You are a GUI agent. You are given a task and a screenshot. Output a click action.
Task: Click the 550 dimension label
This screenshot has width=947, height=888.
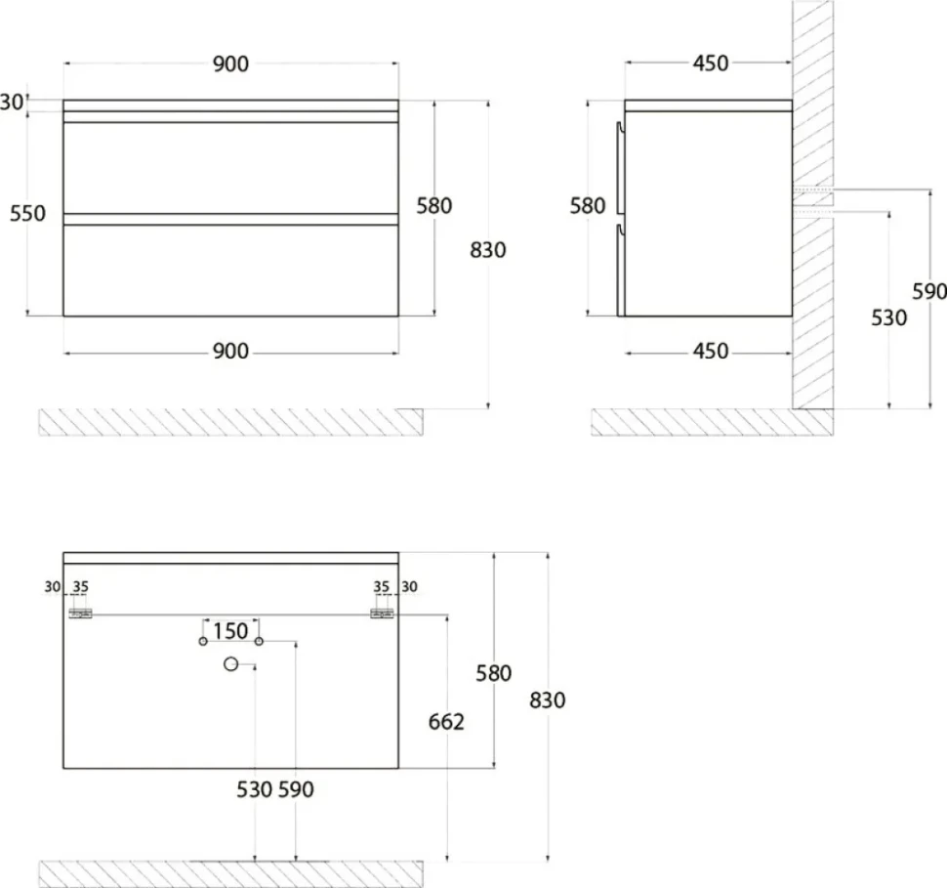[27, 213]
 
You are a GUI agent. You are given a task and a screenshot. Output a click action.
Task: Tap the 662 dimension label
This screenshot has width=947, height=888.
[446, 722]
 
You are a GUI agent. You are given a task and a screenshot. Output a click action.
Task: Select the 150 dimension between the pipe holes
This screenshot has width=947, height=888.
[230, 631]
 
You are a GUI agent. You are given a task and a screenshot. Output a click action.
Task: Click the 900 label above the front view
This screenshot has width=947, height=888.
[230, 63]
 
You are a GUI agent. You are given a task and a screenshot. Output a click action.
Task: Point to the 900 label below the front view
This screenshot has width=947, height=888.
[230, 352]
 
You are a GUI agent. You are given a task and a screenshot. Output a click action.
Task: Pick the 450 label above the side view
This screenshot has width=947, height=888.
[711, 63]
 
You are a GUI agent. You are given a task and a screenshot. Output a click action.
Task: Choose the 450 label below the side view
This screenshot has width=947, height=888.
[711, 352]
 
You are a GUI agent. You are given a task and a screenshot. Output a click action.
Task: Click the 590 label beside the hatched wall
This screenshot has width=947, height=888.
[929, 291]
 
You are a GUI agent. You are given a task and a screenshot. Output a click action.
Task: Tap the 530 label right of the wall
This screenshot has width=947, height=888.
[889, 317]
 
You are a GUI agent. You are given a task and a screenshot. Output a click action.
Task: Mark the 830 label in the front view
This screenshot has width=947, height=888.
[488, 250]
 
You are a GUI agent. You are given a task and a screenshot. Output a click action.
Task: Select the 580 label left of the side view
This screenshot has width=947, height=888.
[588, 206]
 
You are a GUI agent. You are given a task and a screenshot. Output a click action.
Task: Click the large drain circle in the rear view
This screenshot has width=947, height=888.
[230, 663]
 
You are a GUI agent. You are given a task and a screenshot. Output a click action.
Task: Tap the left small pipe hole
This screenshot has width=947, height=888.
[203, 641]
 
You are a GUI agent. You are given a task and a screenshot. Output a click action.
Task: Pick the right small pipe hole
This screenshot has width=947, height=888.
[259, 641]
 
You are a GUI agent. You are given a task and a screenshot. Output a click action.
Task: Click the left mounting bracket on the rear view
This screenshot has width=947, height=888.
[80, 613]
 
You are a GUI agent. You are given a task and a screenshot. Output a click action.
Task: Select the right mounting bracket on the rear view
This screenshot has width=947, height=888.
[382, 613]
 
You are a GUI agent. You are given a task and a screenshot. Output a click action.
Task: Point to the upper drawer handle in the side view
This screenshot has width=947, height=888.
[620, 168]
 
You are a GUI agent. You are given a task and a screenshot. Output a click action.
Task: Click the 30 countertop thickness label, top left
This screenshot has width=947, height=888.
[12, 103]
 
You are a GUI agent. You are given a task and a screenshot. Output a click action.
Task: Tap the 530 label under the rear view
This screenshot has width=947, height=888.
[254, 789]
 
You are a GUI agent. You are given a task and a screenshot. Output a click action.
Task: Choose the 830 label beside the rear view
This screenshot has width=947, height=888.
[547, 700]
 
